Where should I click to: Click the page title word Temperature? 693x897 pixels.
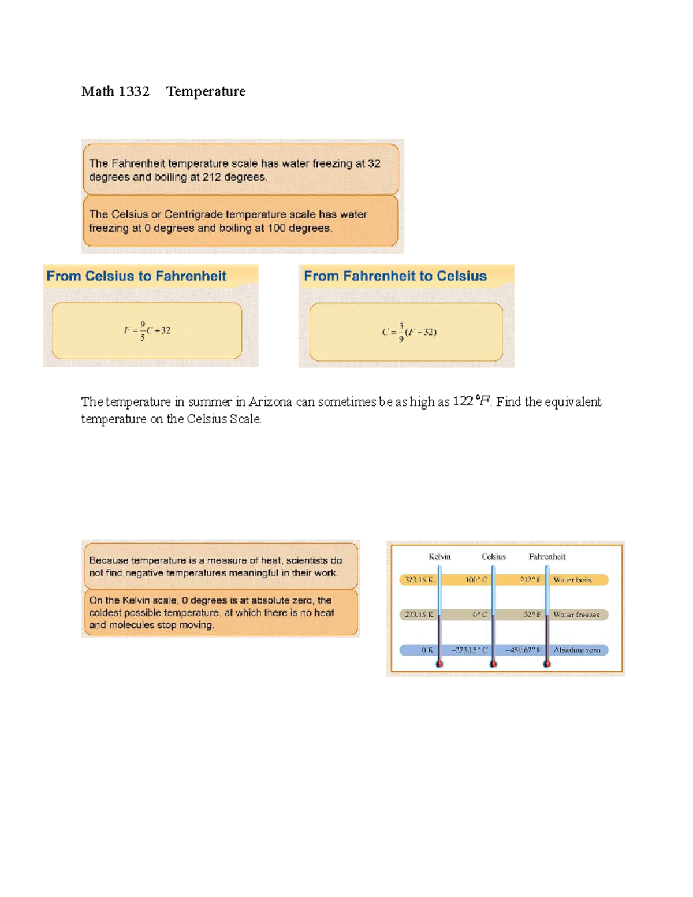coord(206,92)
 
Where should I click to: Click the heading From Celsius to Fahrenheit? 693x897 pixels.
coord(136,276)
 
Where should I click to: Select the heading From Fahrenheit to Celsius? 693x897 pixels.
coord(395,276)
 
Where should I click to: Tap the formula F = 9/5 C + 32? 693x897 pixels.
coord(147,331)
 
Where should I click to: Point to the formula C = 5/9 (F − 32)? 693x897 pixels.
coord(409,332)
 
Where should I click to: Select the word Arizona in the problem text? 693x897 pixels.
coord(270,402)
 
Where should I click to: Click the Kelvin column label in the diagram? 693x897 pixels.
coord(439,557)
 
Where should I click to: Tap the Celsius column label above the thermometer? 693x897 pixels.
coord(494,557)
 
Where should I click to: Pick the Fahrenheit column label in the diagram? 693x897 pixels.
coord(547,557)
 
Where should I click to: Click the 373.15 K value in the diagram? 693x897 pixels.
coord(419,580)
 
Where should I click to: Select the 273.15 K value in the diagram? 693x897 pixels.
coord(419,615)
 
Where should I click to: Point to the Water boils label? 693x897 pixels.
coord(572,580)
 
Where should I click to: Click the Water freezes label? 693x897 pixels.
coord(576,615)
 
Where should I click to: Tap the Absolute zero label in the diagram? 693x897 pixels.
coord(577,650)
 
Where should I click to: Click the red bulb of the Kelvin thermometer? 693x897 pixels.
coord(439,664)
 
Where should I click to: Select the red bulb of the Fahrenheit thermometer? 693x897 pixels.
coord(547,664)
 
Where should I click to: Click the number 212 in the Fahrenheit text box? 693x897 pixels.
coord(211,177)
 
